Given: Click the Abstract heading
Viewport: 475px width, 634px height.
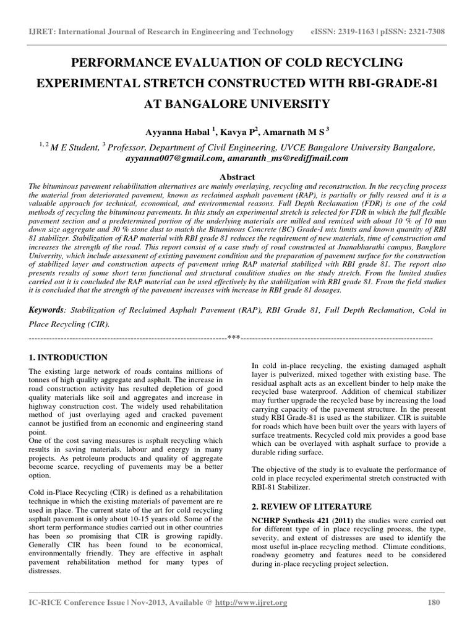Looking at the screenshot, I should click(237, 176).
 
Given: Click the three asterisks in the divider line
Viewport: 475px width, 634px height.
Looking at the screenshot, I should click(234, 338).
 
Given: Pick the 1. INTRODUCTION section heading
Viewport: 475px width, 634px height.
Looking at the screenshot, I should click(69, 358).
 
